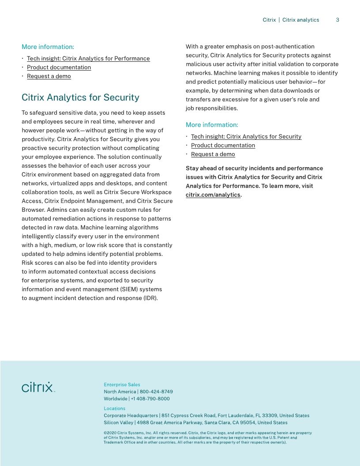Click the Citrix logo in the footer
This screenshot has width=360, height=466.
click(38, 387)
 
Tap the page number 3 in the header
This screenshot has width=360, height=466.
click(337, 20)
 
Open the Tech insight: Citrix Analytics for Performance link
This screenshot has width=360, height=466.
click(88, 58)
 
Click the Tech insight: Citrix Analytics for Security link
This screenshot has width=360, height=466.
click(246, 136)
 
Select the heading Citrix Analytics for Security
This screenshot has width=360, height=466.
click(80, 98)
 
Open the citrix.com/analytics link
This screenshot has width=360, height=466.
click(213, 195)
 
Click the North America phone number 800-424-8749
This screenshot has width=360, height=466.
click(156, 391)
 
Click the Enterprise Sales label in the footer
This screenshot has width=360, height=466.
click(122, 384)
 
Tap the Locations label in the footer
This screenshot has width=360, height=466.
click(114, 408)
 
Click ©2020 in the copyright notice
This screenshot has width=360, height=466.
click(110, 433)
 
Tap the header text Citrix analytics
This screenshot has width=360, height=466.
click(300, 20)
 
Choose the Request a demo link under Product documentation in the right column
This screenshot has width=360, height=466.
click(213, 154)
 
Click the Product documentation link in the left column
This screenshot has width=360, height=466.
click(59, 67)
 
